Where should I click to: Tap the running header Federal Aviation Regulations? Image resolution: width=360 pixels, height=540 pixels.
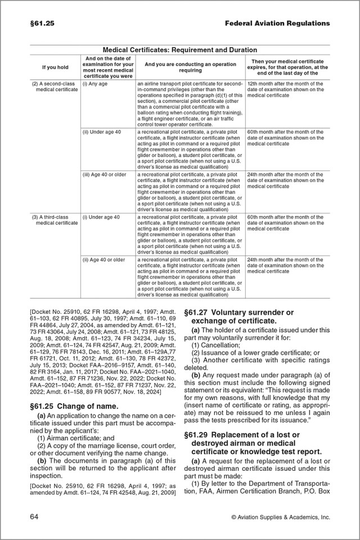point(277,24)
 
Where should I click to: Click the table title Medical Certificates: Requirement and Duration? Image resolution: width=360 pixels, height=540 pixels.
point(180,50)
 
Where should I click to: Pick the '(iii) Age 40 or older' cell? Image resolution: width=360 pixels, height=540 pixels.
point(104,175)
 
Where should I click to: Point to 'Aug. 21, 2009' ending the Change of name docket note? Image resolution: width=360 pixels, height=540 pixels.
point(158,493)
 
